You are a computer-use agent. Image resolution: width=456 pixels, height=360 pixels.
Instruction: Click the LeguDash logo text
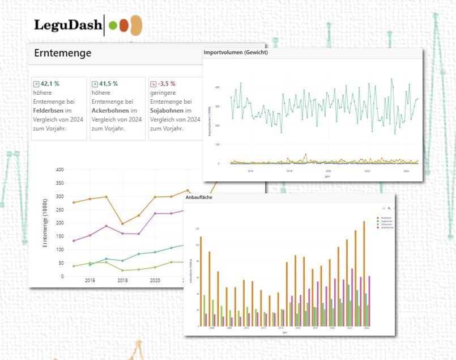click(x=68, y=25)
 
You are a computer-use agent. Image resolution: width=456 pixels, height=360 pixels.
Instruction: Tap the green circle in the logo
click(x=113, y=26)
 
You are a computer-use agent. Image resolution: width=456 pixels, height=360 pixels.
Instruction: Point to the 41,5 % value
click(x=108, y=83)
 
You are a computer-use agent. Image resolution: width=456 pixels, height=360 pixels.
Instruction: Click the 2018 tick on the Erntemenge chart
click(x=122, y=280)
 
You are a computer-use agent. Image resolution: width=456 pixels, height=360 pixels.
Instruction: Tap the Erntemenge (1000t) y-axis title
click(x=45, y=223)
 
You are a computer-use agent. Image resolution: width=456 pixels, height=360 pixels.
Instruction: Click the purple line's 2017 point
click(x=106, y=226)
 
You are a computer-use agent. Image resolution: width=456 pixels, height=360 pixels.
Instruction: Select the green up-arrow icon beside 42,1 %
click(x=37, y=84)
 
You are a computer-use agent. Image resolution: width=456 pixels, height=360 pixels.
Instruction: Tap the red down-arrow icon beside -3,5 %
click(x=152, y=84)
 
